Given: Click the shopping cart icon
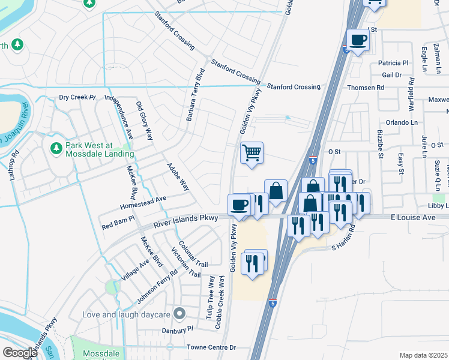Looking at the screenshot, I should [252, 152].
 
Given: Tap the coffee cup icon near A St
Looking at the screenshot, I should [358, 40].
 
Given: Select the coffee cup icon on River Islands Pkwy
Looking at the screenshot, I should [239, 205].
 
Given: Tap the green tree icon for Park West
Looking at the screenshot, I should [56, 147].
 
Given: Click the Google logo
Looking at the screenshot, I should [20, 353].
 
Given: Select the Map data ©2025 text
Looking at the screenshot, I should [423, 355].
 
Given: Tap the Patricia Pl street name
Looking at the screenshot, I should [393, 62].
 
